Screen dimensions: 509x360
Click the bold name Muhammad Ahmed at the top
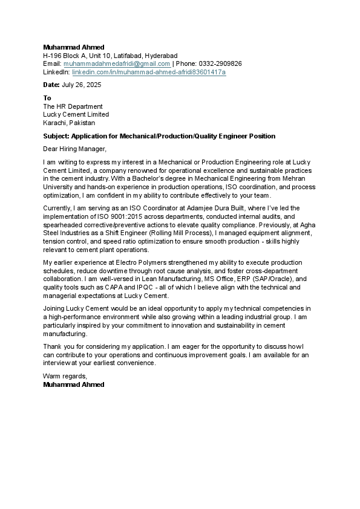pyautogui.click(x=73, y=47)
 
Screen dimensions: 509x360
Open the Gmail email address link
pyautogui.click(x=117, y=63)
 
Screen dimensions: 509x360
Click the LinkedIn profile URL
pyautogui.click(x=149, y=72)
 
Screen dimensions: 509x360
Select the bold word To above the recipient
pyautogui.click(x=47, y=98)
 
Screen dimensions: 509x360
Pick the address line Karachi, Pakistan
pyautogui.click(x=68, y=123)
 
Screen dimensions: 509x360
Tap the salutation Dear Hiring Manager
pyautogui.click(x=74, y=149)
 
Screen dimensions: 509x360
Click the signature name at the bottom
pyautogui.click(x=73, y=384)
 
